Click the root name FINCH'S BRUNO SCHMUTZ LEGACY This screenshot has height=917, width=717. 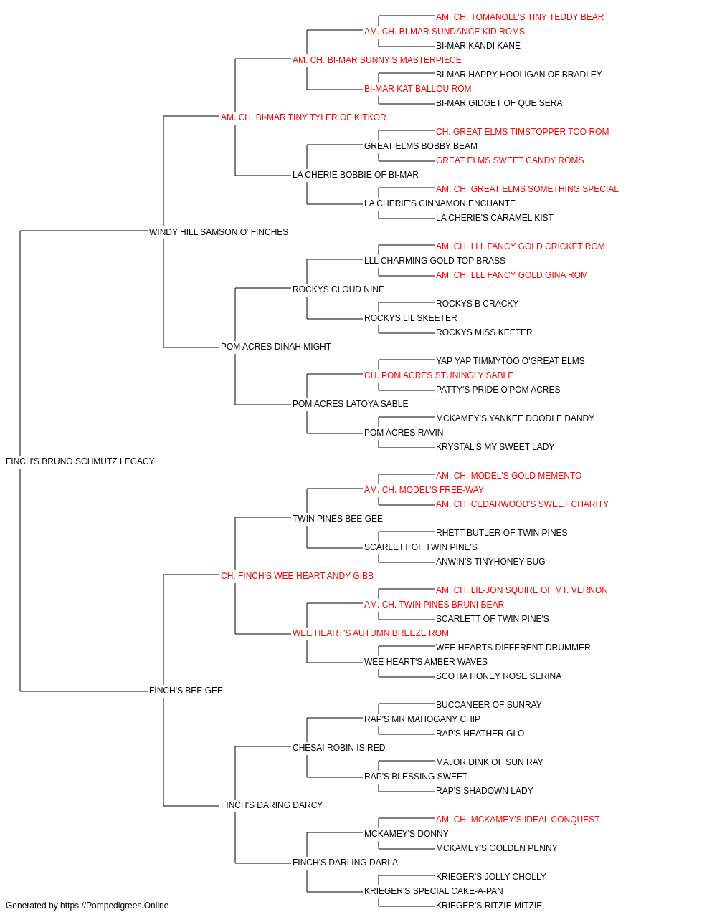[x=80, y=461]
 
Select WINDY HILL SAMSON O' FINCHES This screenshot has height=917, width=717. [x=219, y=231]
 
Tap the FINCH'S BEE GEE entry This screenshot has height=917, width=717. [x=186, y=691]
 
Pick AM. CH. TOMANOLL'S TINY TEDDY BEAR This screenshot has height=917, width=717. [x=520, y=17]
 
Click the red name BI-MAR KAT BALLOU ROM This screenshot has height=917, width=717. [x=417, y=89]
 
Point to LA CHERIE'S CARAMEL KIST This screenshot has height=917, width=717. [x=495, y=217]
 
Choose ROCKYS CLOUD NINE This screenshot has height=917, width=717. [x=338, y=289]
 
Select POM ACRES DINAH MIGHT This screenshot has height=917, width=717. [x=276, y=347]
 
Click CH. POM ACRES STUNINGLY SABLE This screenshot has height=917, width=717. [x=439, y=375]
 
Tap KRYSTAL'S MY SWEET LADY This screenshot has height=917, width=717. [x=495, y=447]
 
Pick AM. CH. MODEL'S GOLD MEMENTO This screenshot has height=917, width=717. [x=508, y=476]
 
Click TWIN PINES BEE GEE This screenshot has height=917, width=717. [x=338, y=519]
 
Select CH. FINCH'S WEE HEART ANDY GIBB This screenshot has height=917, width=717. [x=297, y=575]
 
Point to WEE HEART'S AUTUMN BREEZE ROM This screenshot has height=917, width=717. [x=370, y=633]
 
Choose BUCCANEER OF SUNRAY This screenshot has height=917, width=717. [x=488, y=705]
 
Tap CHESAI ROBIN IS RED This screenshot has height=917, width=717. [x=338, y=748]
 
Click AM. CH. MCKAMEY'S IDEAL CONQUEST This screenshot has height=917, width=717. [x=518, y=820]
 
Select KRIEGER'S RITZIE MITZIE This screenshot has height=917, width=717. [x=489, y=906]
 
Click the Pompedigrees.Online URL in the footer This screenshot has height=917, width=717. [x=115, y=906]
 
